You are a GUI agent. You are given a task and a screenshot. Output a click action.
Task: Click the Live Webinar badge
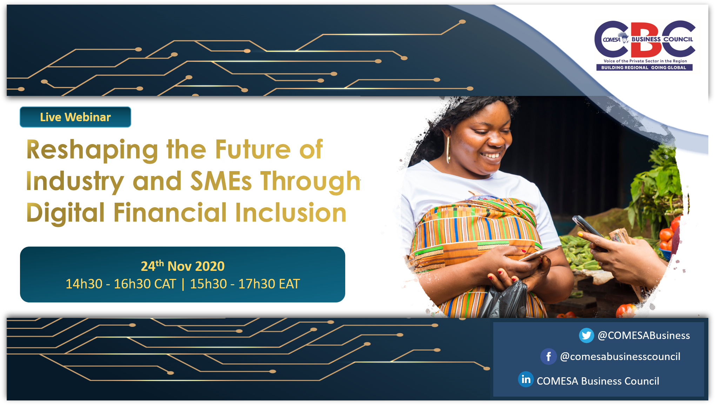click(x=75, y=117)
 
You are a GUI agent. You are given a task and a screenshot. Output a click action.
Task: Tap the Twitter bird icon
click(x=586, y=335)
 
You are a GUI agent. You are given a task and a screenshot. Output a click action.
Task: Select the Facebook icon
click(x=548, y=357)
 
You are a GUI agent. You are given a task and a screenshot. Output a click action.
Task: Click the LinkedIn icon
click(x=526, y=379)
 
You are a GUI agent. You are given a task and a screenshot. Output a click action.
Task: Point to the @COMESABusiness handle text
click(x=644, y=335)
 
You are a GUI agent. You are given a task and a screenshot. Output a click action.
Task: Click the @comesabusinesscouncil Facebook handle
click(x=620, y=357)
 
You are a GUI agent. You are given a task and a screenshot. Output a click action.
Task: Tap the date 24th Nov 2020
click(x=182, y=266)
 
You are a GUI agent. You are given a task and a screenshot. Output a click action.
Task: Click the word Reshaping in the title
click(x=92, y=150)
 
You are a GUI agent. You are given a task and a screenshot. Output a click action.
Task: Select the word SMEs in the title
click(x=221, y=181)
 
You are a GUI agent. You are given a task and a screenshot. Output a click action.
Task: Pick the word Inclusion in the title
click(x=291, y=213)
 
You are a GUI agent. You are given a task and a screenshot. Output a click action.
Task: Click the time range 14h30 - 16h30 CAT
click(x=121, y=284)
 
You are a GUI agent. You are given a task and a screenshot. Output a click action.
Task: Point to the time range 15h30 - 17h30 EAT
click(x=245, y=284)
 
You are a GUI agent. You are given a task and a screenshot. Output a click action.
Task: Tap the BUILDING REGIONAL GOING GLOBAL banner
click(x=644, y=67)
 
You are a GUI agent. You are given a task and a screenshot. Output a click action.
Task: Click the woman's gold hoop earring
click(x=448, y=149)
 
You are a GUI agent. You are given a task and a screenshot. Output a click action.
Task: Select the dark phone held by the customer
click(x=589, y=232)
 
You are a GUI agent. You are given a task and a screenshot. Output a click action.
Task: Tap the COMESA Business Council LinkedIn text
click(x=598, y=381)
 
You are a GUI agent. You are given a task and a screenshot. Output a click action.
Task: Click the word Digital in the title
click(x=66, y=213)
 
